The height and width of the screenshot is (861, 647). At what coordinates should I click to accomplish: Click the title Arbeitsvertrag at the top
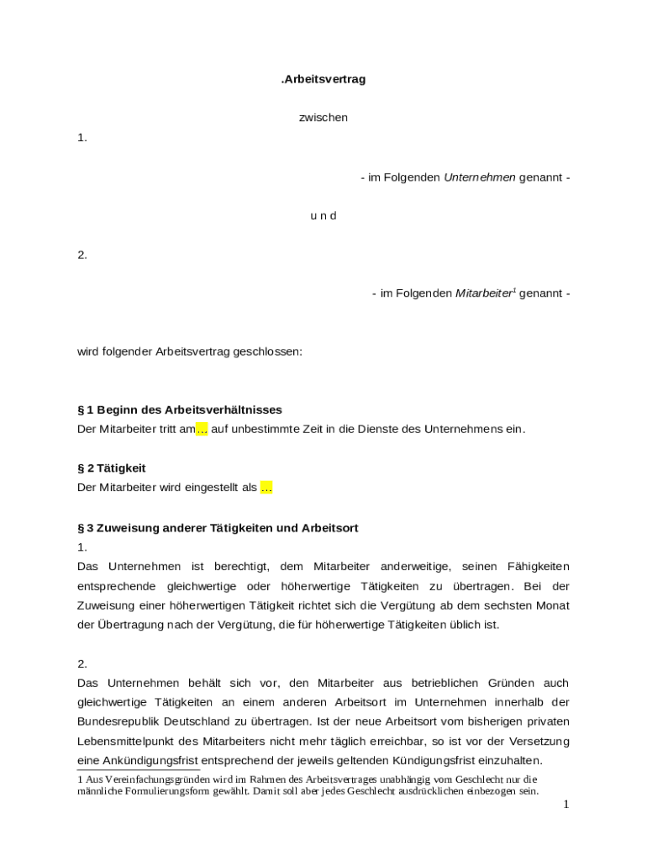[323, 79]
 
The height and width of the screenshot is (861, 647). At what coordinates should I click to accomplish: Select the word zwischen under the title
[323, 118]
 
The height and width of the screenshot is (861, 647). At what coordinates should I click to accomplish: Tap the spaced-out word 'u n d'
[323, 215]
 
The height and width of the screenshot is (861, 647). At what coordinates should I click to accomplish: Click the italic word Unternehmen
[479, 177]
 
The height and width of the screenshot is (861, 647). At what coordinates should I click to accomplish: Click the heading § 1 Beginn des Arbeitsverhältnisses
[180, 409]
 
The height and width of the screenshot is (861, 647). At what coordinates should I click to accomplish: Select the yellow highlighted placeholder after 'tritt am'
[202, 430]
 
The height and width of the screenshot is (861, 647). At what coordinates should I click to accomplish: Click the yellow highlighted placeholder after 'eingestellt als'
[266, 488]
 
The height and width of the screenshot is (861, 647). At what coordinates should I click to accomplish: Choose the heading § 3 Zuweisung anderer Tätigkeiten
[218, 528]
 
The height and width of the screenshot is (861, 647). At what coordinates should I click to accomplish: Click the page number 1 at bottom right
[566, 805]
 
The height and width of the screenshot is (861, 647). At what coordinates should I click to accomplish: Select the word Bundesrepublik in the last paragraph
[117, 721]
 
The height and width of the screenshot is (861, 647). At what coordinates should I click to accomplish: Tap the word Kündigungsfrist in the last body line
[419, 760]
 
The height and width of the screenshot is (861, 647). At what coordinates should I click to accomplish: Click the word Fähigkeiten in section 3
[537, 567]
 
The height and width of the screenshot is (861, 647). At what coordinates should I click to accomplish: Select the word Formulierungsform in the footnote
[166, 791]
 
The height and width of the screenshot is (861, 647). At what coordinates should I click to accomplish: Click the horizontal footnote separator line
[139, 769]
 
